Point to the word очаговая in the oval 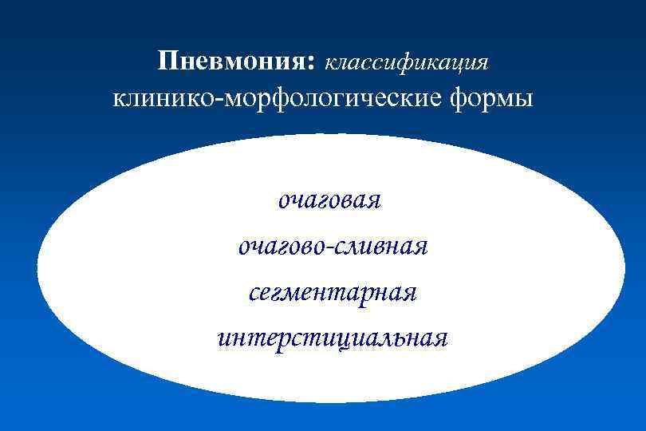[329, 200]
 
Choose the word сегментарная [332, 292]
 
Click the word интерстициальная [332, 338]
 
